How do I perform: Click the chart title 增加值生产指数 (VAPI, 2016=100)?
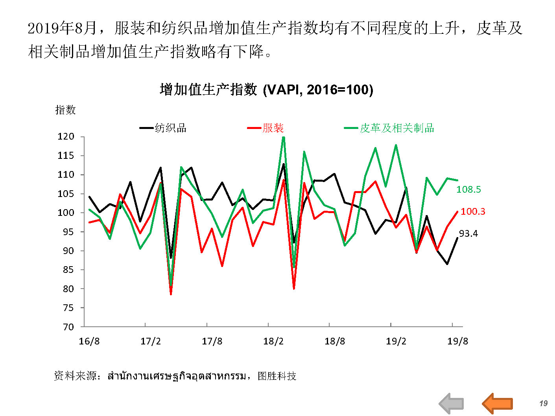coord(266,90)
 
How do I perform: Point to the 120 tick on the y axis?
coord(66,136)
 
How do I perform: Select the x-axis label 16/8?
coord(89,341)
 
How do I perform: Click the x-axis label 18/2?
coord(273,341)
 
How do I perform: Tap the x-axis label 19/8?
coord(457,341)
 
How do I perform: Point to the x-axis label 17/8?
coord(212,341)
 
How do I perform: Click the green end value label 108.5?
coord(468,190)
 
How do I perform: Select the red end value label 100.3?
coord(473,212)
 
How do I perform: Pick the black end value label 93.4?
coord(468,234)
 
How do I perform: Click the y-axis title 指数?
coord(65,110)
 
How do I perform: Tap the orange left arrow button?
coord(497,403)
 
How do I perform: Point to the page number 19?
coord(543,403)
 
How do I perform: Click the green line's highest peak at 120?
coord(284,137)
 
